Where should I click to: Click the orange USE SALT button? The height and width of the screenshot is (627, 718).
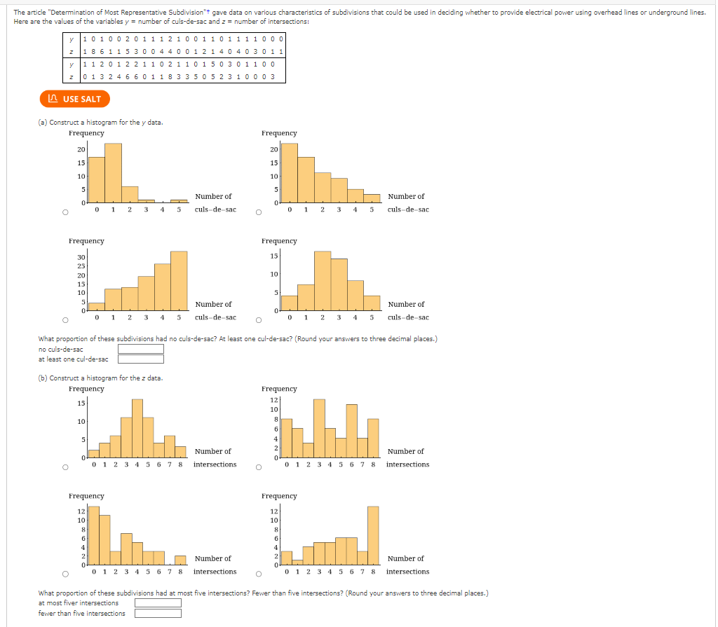75,99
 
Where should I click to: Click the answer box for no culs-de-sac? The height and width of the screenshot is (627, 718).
140,349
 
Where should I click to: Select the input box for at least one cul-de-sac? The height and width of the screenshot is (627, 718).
140,359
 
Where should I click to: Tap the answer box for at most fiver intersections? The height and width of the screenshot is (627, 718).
158,602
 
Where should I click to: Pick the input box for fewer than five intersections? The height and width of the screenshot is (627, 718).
158,614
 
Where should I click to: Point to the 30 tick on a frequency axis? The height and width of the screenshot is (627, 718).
81,258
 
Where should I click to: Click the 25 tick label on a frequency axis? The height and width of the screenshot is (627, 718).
81,266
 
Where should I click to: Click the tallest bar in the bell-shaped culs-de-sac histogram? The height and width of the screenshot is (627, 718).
323,280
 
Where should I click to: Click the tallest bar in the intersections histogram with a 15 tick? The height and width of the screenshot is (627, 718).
137,428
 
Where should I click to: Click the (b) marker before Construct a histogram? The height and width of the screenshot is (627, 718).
43,378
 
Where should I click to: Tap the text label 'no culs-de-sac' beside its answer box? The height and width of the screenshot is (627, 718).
61,349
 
